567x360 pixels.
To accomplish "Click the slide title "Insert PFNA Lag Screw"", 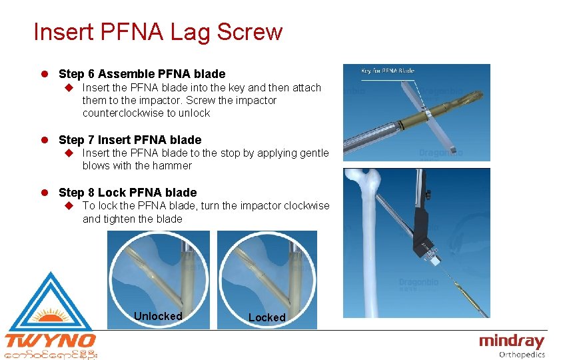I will tap(158, 31).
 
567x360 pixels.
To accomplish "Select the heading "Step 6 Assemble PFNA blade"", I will tap(142, 74).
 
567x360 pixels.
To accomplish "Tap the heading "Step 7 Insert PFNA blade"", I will tap(130, 139).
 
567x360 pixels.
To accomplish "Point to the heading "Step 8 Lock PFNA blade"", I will tap(128, 193).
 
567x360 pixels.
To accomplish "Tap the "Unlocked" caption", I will tap(158, 316).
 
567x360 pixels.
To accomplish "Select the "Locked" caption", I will tap(267, 317).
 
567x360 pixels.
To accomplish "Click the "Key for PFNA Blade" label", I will tap(387, 71).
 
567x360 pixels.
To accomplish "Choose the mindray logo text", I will tap(512, 341).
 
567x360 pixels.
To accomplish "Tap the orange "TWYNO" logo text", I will tap(50, 341).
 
